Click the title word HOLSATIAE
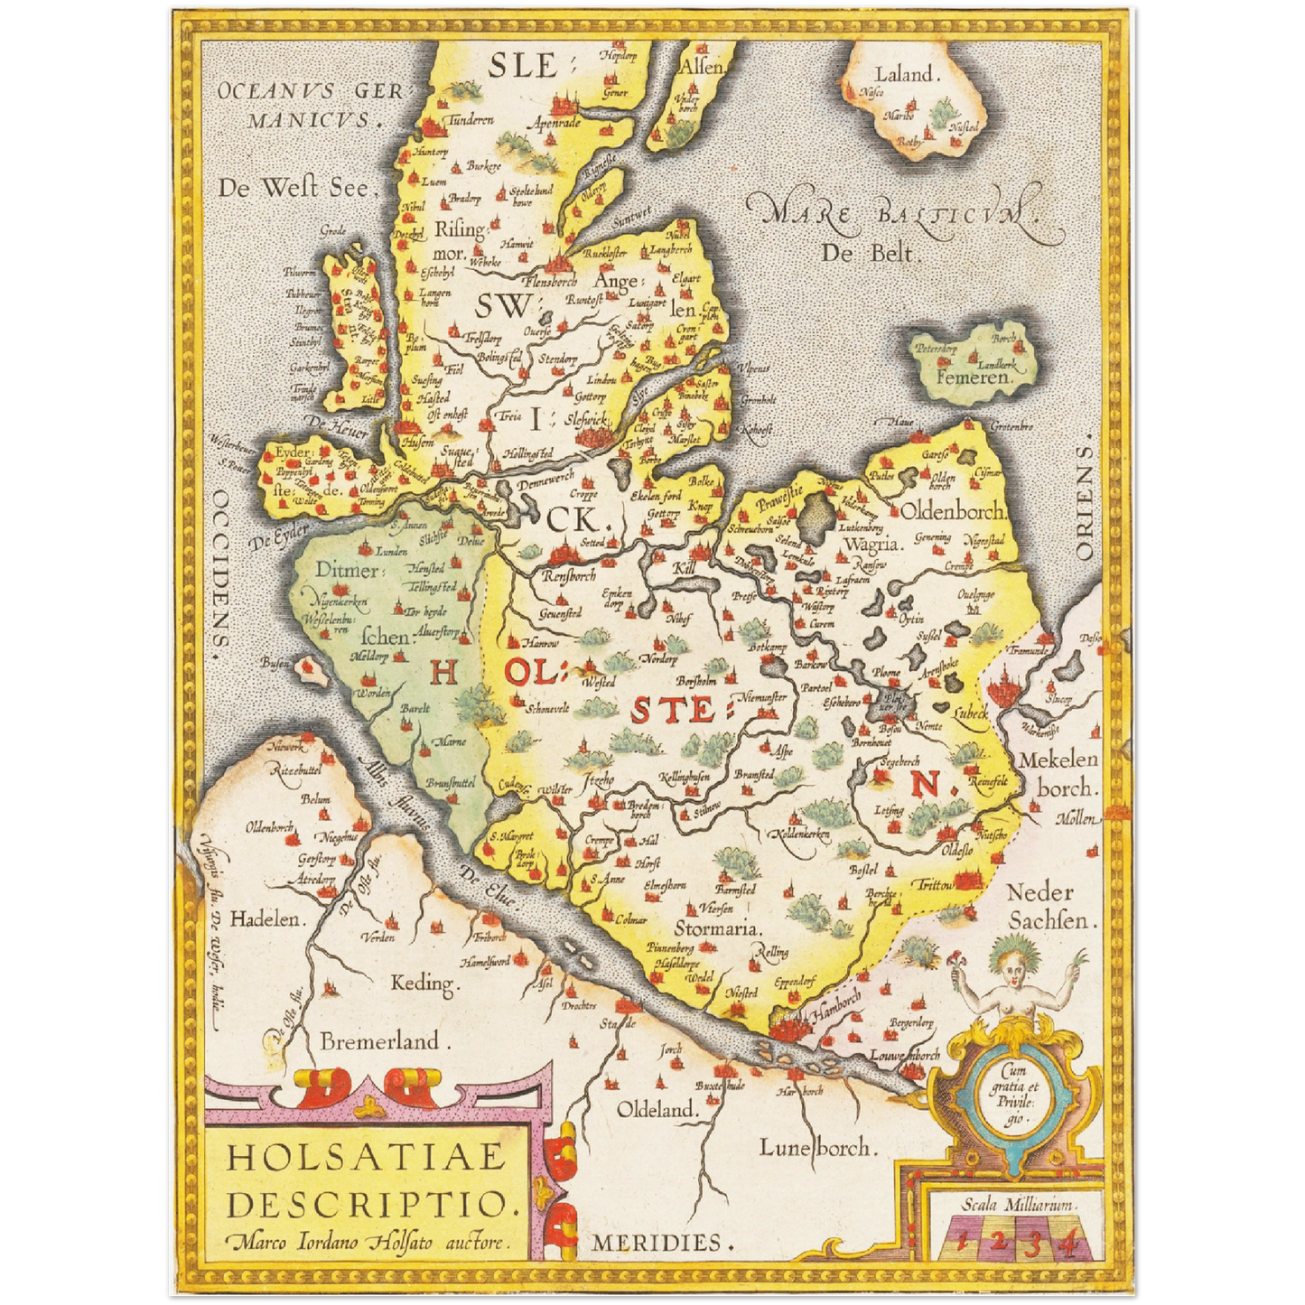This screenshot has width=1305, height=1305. tap(366, 1157)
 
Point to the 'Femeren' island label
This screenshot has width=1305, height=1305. tap(971, 378)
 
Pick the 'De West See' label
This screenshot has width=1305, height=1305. tap(294, 188)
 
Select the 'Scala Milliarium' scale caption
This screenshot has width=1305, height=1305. tap(1017, 1204)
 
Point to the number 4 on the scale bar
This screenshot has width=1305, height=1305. tap(1068, 1243)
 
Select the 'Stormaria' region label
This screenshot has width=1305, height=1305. tap(717, 927)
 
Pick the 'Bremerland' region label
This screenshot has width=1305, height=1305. tap(379, 1041)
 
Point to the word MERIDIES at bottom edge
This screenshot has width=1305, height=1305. tap(657, 1243)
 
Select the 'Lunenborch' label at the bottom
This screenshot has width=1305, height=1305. tap(816, 1147)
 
